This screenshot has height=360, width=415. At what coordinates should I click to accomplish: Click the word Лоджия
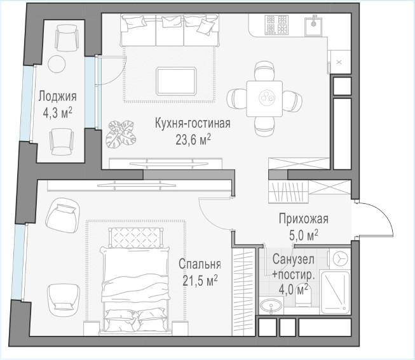(57, 97)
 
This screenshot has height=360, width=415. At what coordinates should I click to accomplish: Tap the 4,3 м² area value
(57, 112)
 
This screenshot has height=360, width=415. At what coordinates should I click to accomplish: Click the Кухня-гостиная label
(192, 123)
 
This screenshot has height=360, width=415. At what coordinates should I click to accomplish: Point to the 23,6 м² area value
(192, 138)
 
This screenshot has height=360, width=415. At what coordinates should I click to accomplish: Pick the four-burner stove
(277, 25)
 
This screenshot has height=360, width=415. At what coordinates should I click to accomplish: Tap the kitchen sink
(313, 25)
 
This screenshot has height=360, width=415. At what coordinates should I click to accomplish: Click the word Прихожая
(303, 220)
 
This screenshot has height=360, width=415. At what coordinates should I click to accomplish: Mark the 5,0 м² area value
(303, 235)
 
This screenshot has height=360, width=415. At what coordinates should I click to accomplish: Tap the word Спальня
(200, 263)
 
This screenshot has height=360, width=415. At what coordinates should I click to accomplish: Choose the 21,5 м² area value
(200, 279)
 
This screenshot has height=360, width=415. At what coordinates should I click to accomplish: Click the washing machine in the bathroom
(340, 259)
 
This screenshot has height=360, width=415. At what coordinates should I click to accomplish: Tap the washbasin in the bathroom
(272, 307)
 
